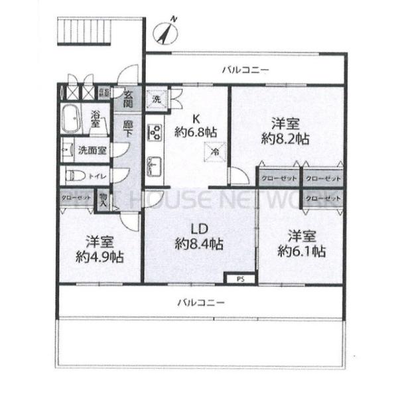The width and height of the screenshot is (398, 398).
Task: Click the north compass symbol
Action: click(x=166, y=31)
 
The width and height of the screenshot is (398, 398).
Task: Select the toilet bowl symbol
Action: click(x=75, y=176)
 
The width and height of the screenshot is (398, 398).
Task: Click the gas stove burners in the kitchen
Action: click(x=155, y=133)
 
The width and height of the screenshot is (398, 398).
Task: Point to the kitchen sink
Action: click(x=155, y=163)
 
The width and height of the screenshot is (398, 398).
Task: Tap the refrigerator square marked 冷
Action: click(x=215, y=151)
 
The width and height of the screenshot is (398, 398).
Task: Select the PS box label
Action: click(x=239, y=280)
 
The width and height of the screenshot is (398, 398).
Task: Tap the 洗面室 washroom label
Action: click(x=92, y=150)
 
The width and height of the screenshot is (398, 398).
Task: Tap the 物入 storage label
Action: click(x=103, y=200)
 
